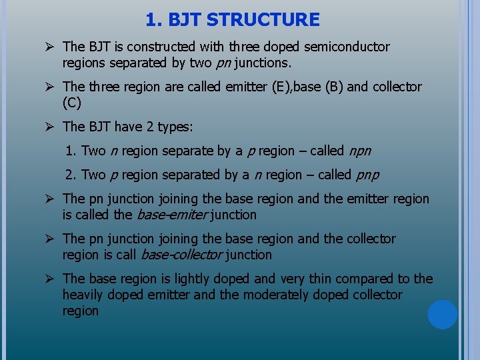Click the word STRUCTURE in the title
263,20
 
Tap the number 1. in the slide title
154,20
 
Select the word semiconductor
348,47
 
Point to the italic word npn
360,151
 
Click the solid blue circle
443,315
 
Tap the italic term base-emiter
173,215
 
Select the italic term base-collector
181,255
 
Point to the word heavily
85,295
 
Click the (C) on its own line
71,103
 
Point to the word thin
320,279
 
